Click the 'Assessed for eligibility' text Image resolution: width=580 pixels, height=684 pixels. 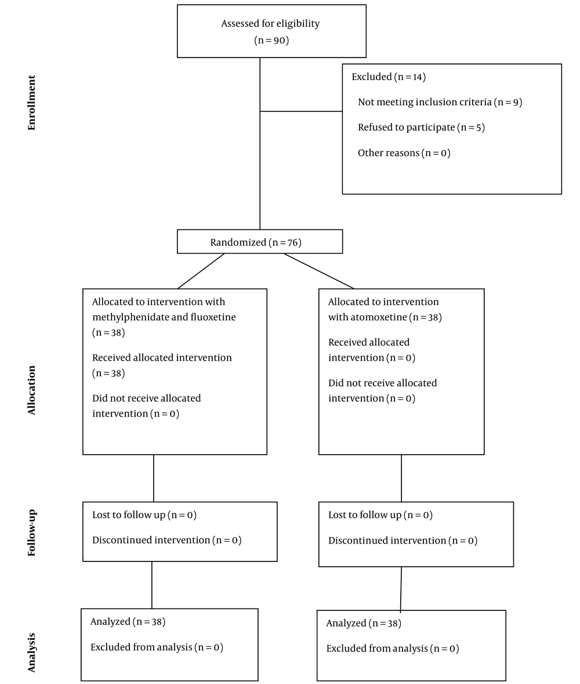click(270, 24)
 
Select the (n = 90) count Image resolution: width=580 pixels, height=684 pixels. click(271, 41)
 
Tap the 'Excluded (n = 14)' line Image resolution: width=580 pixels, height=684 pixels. click(389, 77)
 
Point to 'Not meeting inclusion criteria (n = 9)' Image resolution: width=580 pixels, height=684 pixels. click(440, 102)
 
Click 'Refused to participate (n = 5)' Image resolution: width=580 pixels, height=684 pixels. click(422, 127)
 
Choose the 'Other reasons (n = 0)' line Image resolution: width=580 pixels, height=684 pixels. click(404, 153)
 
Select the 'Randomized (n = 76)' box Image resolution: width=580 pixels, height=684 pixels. click(260, 242)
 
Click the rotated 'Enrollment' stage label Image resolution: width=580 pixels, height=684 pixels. click(31, 103)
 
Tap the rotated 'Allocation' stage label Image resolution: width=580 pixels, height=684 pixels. click(31, 390)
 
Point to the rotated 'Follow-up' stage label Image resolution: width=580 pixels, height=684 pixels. click(31, 532)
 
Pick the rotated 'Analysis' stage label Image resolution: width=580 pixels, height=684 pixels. click(31, 653)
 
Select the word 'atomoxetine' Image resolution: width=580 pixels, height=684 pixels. click(379, 317)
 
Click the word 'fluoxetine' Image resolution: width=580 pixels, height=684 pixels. click(213, 316)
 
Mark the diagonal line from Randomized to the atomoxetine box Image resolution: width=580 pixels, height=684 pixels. click(319, 271)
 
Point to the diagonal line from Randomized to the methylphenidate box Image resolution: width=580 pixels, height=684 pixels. click(201, 271)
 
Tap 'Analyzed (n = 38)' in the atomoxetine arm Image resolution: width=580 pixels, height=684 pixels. click(364, 623)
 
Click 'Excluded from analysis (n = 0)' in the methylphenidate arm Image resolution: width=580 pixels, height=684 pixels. click(157, 647)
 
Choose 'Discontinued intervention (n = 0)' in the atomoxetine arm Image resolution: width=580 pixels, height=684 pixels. click(403, 541)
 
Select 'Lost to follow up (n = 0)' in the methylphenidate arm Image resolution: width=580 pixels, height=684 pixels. click(144, 515)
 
